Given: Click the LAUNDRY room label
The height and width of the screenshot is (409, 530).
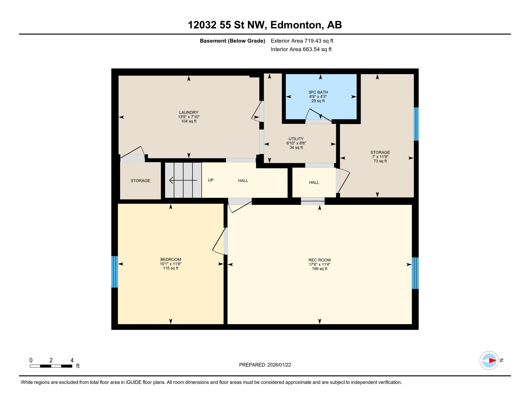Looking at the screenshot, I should pos(188,112).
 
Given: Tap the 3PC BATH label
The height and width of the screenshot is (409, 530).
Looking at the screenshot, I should pos(318,92).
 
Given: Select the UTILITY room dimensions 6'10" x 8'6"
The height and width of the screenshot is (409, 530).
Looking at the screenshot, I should pos(296,143).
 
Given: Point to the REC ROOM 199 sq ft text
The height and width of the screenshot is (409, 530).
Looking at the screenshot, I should pos(319,269).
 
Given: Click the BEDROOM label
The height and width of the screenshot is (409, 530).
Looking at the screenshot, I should pos(170,259).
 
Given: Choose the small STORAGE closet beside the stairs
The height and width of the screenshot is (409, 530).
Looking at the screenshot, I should pos(140,181).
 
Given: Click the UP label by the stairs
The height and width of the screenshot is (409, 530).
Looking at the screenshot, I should pos(211,180).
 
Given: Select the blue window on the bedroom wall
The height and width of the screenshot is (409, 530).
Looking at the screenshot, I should pos(115,272).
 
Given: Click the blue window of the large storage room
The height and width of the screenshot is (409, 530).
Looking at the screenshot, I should pos(416,124).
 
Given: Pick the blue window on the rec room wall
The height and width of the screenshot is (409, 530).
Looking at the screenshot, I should pos(415,273).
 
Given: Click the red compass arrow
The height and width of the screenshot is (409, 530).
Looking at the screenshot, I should pos(492,361).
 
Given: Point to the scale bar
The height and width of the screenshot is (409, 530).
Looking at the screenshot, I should pos(51,366).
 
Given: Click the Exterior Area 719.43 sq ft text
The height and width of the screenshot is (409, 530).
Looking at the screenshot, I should pos(302,41).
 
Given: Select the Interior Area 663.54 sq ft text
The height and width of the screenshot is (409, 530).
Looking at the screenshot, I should pos(301,49).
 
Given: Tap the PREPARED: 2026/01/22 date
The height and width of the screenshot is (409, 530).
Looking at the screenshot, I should pos(265,365).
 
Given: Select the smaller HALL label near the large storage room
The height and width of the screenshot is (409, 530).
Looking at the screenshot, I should pos(314,182).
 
